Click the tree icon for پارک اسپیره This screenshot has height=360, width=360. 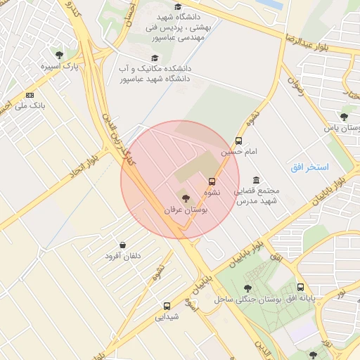(x=58, y=54)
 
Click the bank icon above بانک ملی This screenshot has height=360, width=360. (x=30, y=94)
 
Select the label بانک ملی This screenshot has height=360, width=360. (x=30, y=107)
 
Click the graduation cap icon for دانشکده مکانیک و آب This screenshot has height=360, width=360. (x=155, y=58)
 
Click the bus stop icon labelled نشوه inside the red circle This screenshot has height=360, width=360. (x=212, y=181)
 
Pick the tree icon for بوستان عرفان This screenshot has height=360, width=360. (x=186, y=198)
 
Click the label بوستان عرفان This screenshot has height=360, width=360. (x=183, y=210)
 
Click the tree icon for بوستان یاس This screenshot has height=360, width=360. (x=343, y=117)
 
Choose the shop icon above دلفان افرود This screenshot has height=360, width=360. (x=123, y=245)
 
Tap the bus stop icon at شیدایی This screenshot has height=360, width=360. (x=167, y=306)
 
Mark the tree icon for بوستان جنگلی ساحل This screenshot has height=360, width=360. (x=247, y=288)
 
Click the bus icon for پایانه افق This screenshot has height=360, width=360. (x=301, y=287)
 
